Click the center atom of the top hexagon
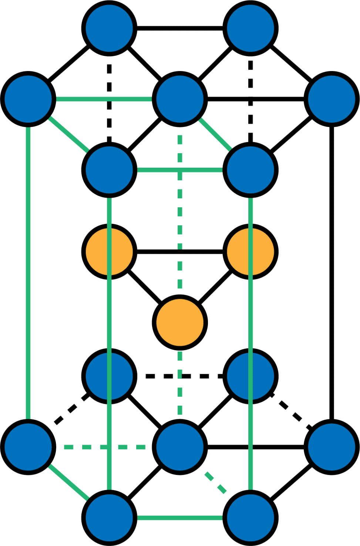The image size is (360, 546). pyautogui.click(x=180, y=99)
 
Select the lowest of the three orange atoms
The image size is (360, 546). pyautogui.click(x=180, y=322)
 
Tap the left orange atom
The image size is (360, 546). pyautogui.click(x=109, y=252)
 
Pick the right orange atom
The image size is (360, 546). pyautogui.click(x=250, y=252)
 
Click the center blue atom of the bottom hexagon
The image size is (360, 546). pyautogui.click(x=180, y=447)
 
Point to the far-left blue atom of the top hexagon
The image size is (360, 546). pyautogui.click(x=28, y=99)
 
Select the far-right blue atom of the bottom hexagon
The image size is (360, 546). pyautogui.click(x=332, y=447)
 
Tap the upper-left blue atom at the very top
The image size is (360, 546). pyautogui.click(x=109, y=28)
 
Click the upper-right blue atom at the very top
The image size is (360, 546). pyautogui.click(x=250, y=28)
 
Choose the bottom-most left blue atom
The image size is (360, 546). pyautogui.click(x=109, y=517)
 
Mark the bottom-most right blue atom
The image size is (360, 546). pyautogui.click(x=250, y=517)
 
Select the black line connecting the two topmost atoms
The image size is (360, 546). pyautogui.click(x=180, y=29)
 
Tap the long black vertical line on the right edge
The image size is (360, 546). pyautogui.click(x=332, y=274)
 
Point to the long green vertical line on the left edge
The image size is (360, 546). pyautogui.click(x=28, y=274)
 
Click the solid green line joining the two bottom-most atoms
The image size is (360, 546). pyautogui.click(x=180, y=517)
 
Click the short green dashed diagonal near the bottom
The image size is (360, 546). pyautogui.click(x=215, y=483)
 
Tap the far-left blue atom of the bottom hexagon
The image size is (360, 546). pyautogui.click(x=28, y=447)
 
